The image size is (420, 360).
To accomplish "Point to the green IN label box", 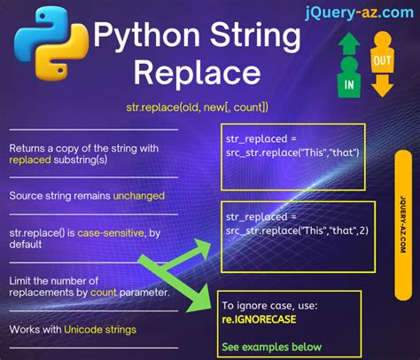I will [x=349, y=83].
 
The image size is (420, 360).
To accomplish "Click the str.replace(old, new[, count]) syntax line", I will [x=198, y=107].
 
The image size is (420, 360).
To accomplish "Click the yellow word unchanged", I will [x=138, y=194].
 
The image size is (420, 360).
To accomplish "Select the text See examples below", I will [x=272, y=347].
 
